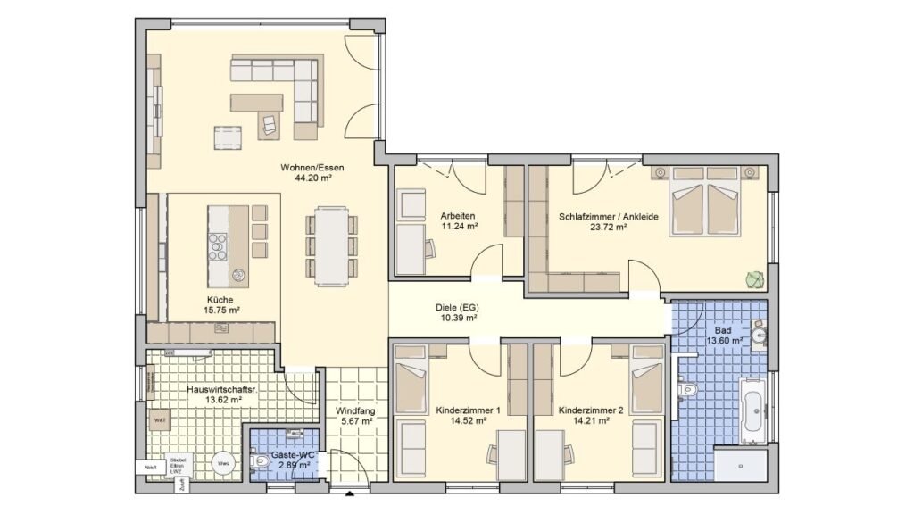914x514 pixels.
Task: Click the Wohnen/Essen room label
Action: click(x=312, y=167)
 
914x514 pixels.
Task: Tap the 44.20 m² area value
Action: click(x=312, y=178)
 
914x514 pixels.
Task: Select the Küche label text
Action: click(x=220, y=300)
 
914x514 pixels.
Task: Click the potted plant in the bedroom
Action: click(x=755, y=280)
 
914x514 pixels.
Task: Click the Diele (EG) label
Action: click(x=456, y=307)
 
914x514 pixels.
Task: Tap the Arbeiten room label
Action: click(x=457, y=216)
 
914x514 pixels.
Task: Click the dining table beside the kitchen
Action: click(x=331, y=245)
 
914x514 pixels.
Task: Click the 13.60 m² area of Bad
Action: click(x=725, y=341)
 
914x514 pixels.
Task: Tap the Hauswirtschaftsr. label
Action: click(x=214, y=389)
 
